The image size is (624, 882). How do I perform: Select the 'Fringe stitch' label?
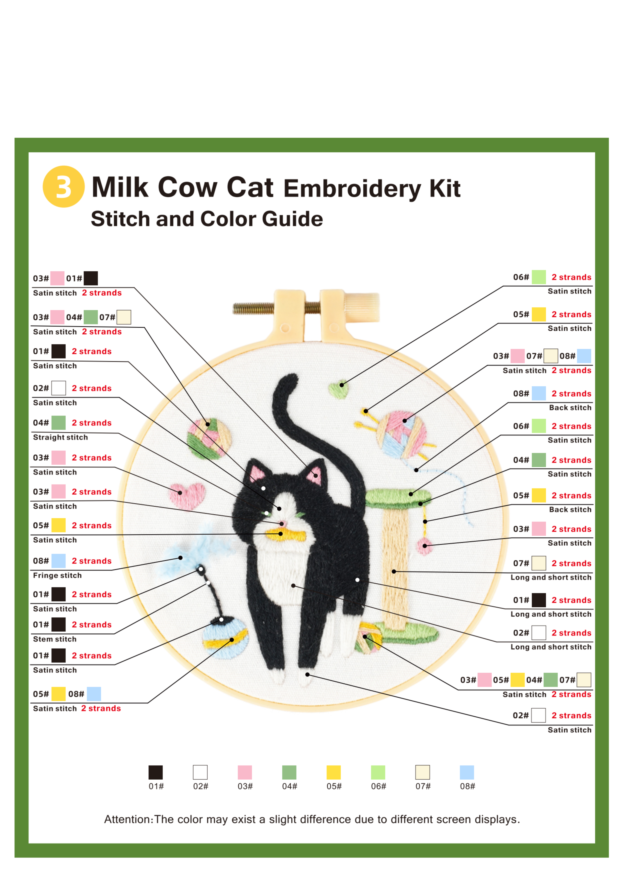[x=57, y=575]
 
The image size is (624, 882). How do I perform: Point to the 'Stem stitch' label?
[x=55, y=639]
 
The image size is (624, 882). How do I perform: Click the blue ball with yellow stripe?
[x=226, y=638]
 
